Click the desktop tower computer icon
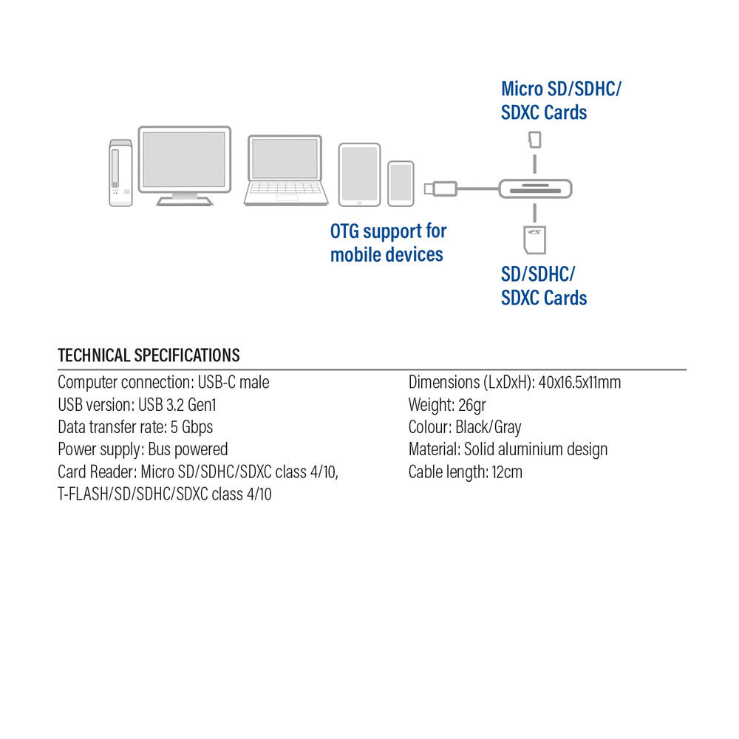point(120,173)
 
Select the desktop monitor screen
point(184,160)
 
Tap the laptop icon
point(285,170)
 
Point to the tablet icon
point(360,175)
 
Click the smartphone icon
point(401,184)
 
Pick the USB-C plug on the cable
point(440,189)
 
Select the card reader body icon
point(535,189)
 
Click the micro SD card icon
point(535,140)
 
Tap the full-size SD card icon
point(535,240)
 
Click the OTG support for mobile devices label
point(389,243)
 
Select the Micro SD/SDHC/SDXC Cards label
point(561,101)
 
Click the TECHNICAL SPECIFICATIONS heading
point(149,355)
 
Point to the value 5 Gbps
point(192,427)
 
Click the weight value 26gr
point(471,405)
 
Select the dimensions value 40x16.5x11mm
point(579,382)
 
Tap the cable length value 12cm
point(507,471)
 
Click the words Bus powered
point(188,449)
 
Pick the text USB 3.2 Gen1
point(177,405)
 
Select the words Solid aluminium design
point(536,449)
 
